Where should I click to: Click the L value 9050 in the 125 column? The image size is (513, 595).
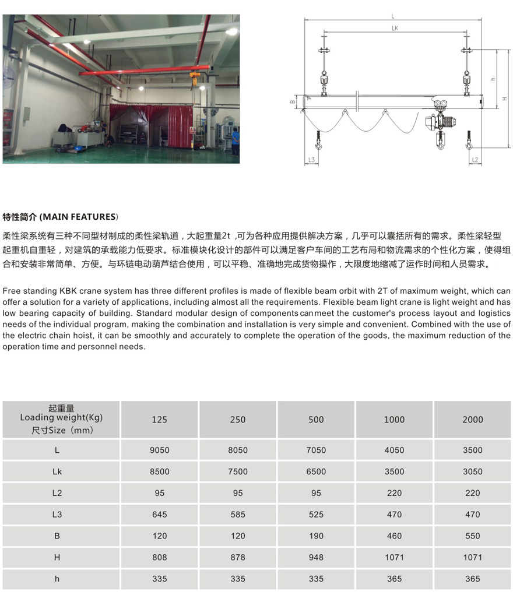coord(159,450)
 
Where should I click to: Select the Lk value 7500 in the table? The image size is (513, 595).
coord(238,471)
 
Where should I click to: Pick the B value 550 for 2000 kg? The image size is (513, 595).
coord(472,536)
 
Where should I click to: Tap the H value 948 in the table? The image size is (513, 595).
coord(316,557)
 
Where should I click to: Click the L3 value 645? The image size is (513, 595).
coord(159,514)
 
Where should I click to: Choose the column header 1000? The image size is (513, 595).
coord(394,420)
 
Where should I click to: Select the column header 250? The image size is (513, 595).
coord(238,420)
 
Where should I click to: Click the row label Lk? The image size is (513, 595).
coord(57,471)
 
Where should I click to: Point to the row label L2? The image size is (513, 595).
coord(57,493)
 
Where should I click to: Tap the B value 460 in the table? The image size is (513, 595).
coord(394,536)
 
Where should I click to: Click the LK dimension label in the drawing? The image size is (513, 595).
coord(395,27)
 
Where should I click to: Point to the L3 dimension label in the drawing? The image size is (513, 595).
coord(311,159)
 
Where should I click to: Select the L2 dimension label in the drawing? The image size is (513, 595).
coord(475,159)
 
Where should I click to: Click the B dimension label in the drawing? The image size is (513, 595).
coord(293,101)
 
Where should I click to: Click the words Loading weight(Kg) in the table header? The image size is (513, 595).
coord(61,417)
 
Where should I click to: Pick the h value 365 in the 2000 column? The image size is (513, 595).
coord(472,579)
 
